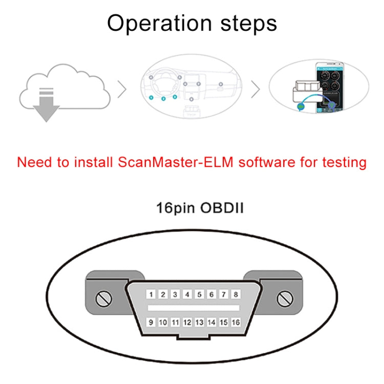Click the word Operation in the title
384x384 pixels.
[x=156, y=24]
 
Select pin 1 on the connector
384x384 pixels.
[x=151, y=295]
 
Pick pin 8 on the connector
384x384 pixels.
[x=236, y=295]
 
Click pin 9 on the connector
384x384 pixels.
[x=151, y=323]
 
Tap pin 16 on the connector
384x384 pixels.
[x=236, y=323]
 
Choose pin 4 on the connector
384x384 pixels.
[x=187, y=295]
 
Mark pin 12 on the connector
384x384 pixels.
[x=187, y=323]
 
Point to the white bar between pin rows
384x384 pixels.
[x=193, y=309]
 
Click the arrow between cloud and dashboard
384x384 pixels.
[x=122, y=91]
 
